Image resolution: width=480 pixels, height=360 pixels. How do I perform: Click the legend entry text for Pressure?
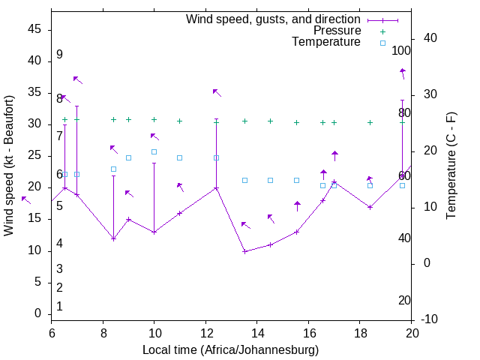pos(337,31)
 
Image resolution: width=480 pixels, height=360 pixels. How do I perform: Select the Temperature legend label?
pos(326,42)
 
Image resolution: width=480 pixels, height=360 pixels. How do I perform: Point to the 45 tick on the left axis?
pos(34,29)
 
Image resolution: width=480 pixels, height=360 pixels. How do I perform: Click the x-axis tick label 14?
pos(257,333)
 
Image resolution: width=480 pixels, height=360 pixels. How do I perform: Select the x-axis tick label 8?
pos(103,333)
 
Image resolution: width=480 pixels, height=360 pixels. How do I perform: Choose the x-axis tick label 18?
pos(360,333)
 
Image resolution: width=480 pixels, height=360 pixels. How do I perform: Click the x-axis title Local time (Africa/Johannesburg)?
pos(231,349)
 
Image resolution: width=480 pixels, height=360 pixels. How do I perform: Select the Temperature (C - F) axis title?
pos(451,165)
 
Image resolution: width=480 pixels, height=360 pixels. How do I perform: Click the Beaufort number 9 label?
pos(59,55)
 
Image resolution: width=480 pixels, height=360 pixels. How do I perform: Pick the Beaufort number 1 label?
pos(59,306)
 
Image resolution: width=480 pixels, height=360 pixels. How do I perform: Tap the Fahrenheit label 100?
pos(401,51)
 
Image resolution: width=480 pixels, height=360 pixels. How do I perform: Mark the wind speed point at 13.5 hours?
pos(244,250)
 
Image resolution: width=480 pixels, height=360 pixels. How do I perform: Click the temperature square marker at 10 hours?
pos(154,152)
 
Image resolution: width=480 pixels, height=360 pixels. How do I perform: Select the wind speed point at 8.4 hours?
pos(113,238)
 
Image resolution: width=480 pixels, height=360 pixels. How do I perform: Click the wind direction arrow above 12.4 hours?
pos(217,92)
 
